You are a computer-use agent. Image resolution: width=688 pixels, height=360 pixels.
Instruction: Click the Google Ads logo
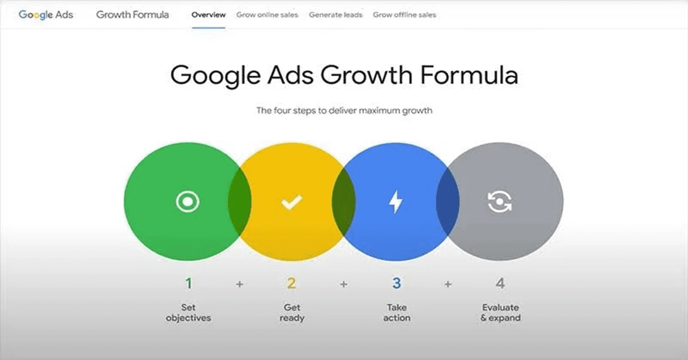pos(46,15)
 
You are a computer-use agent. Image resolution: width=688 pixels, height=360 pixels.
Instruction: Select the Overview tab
pos(209,15)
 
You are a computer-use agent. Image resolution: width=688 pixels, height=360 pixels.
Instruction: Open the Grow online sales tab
pos(267,15)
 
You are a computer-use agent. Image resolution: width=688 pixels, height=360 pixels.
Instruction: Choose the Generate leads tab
pos(335,15)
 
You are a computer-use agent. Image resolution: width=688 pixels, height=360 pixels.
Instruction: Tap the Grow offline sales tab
pos(404,15)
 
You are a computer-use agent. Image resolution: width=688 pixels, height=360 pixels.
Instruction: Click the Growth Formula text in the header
pos(132,15)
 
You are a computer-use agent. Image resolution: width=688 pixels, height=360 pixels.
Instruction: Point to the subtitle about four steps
pos(344,110)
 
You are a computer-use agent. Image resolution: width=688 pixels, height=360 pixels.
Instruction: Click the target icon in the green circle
pos(187,201)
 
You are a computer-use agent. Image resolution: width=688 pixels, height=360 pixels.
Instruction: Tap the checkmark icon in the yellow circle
pos(291,202)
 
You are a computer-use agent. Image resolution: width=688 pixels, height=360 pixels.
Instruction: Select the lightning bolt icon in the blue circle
pos(396,202)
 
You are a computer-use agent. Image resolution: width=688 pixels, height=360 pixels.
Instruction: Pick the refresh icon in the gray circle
pos(499,201)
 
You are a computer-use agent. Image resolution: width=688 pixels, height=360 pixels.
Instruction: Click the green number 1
pos(188,283)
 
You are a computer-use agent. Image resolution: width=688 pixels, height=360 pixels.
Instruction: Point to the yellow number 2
pos(292,283)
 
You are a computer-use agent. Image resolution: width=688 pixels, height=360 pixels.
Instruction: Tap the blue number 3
pos(396,283)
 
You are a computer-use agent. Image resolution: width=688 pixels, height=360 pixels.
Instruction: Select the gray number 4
pos(501,283)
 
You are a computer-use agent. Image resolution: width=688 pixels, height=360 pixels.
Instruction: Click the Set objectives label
pos(188,312)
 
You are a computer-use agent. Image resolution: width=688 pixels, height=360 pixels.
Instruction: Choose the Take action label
pos(396,312)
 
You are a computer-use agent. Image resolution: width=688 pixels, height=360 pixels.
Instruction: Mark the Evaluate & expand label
pos(501,312)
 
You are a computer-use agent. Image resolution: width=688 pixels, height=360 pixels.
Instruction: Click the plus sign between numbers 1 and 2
pos(240,284)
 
